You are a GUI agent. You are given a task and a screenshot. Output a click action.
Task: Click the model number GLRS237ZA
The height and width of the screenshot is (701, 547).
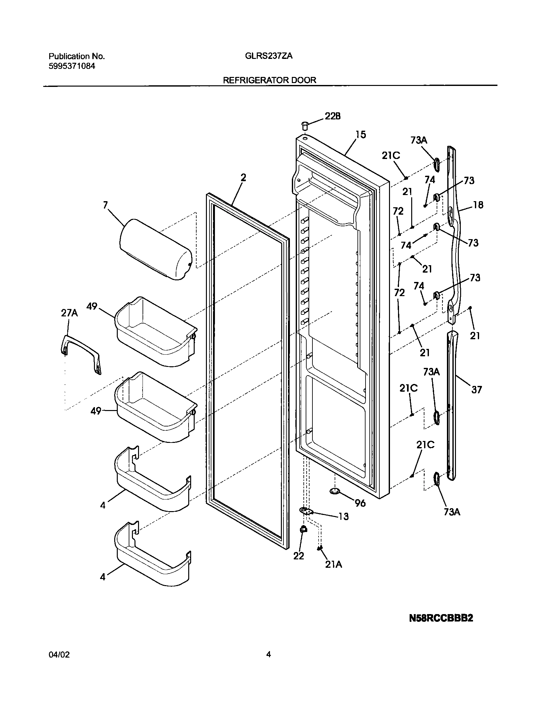point(269,56)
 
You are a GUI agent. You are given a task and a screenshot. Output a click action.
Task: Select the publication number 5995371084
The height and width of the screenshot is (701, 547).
point(72,66)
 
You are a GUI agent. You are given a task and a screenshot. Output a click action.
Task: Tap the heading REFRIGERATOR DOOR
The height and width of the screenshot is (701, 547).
point(270,80)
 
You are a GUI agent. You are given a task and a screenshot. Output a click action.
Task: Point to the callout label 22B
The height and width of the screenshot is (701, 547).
point(332,116)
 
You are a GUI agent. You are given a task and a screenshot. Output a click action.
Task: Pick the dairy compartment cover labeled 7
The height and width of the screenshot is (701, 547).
point(155,249)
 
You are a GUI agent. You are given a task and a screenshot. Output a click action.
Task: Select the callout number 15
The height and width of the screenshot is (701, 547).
point(361,135)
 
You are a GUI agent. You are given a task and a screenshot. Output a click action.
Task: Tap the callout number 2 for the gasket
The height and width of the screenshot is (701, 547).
point(243,177)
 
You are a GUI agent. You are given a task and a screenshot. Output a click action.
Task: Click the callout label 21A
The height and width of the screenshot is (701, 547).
point(333,564)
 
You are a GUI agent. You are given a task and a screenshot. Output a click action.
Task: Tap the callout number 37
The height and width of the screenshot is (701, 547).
point(477,390)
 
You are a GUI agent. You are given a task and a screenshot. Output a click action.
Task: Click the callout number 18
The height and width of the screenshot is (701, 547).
point(478,205)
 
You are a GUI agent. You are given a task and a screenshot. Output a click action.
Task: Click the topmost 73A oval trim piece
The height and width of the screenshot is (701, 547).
point(437,165)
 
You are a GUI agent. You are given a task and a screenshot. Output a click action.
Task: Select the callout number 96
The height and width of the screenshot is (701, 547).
point(360,503)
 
